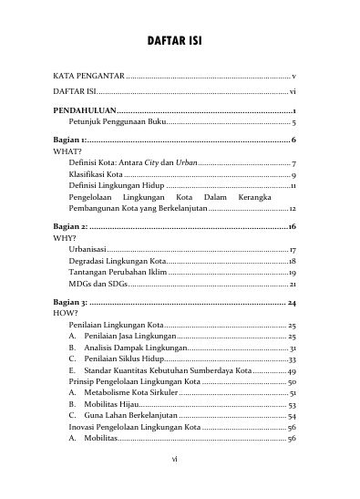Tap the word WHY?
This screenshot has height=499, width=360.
tap(66, 236)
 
